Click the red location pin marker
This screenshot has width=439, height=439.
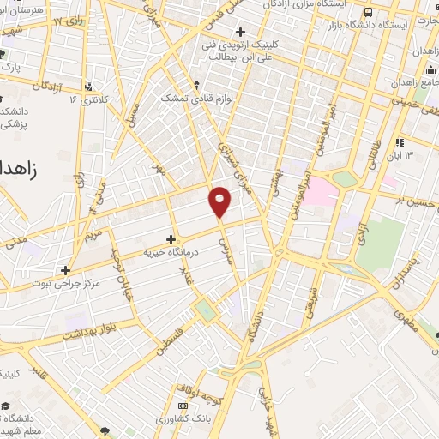(220, 201)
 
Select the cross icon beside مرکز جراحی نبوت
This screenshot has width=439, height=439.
(65, 270)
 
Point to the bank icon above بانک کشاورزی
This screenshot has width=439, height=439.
(182, 406)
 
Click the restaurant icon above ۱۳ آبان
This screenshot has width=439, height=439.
(400, 142)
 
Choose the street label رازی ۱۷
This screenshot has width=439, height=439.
(69, 16)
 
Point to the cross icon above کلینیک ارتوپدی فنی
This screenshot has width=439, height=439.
(241, 32)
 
